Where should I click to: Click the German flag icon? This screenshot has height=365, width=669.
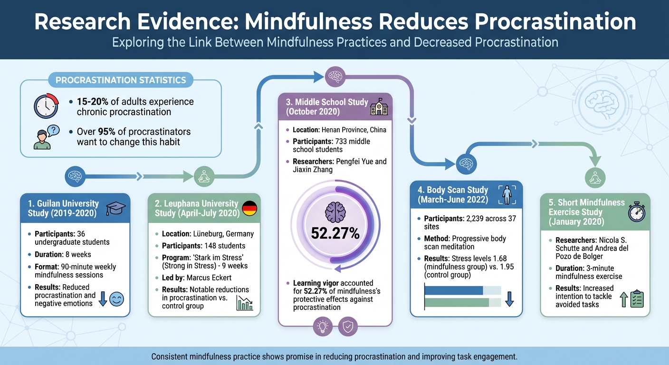coord(250,208)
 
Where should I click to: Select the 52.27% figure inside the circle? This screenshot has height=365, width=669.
coord(335,233)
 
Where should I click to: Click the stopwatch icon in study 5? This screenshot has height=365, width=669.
coord(637,212)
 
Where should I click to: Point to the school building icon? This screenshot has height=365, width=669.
coord(379,107)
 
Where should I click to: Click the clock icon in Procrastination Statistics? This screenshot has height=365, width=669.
coord(46,106)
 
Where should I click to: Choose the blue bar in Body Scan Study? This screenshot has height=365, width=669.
coord(454,290)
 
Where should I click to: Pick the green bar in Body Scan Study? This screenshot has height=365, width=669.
coord(457,303)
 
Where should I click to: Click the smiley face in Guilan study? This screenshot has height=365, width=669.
coord(116,299)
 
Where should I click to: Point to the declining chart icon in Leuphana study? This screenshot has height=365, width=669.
coord(245,303)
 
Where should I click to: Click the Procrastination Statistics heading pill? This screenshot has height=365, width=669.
coord(121,80)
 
